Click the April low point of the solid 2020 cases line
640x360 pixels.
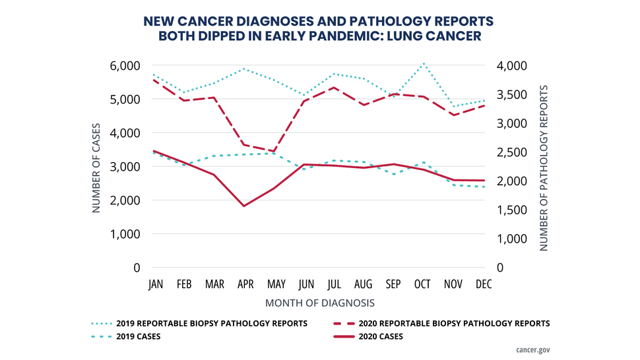[244, 206]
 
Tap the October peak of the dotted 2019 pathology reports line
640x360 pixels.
[422, 64]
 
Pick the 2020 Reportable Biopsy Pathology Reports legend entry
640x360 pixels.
[455, 323]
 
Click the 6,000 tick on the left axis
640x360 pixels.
[126, 65]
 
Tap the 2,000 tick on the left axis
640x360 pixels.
[126, 200]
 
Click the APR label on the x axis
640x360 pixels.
[244, 284]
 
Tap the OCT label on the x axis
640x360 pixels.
[422, 284]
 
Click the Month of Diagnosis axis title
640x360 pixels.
[320, 303]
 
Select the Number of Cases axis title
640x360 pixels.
[96, 167]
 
